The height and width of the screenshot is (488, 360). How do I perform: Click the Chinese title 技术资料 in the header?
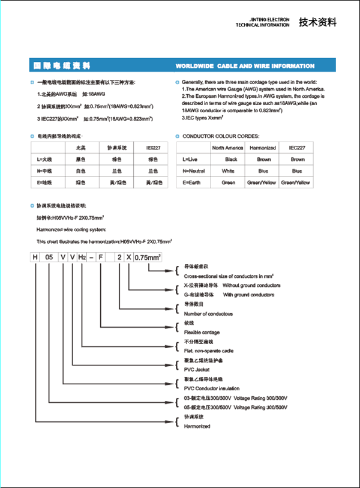click(317, 22)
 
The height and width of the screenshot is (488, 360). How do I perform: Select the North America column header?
click(227, 148)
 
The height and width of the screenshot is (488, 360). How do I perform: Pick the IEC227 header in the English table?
click(298, 148)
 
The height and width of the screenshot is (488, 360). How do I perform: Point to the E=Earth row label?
click(190, 182)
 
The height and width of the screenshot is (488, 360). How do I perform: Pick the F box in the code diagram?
click(101, 258)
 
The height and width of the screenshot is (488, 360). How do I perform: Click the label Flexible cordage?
click(202, 333)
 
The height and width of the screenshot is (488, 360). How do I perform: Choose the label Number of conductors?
click(208, 314)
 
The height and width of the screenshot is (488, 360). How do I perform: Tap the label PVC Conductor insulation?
click(212, 388)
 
